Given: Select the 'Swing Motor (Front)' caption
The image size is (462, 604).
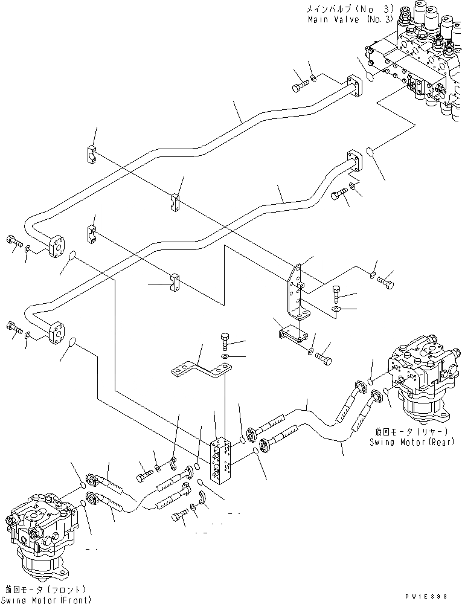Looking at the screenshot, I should (x=47, y=599).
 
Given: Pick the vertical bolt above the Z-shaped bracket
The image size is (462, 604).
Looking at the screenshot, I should (x=225, y=342).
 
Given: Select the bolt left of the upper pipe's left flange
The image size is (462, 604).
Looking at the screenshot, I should (x=14, y=241).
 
